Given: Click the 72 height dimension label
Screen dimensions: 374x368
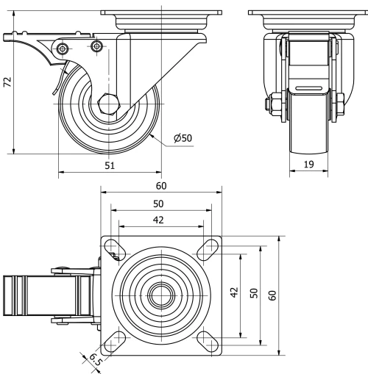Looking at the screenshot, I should tap(8, 83).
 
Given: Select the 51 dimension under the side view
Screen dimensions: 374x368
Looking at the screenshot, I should tap(110, 166).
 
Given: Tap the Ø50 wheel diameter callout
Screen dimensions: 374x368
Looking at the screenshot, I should tap(182, 138).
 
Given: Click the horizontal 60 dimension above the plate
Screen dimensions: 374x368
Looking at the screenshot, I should tap(160, 187).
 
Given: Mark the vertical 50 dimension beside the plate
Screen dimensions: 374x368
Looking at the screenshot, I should tap(253, 294).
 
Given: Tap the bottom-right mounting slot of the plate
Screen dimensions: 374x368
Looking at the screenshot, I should tap(205, 339).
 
